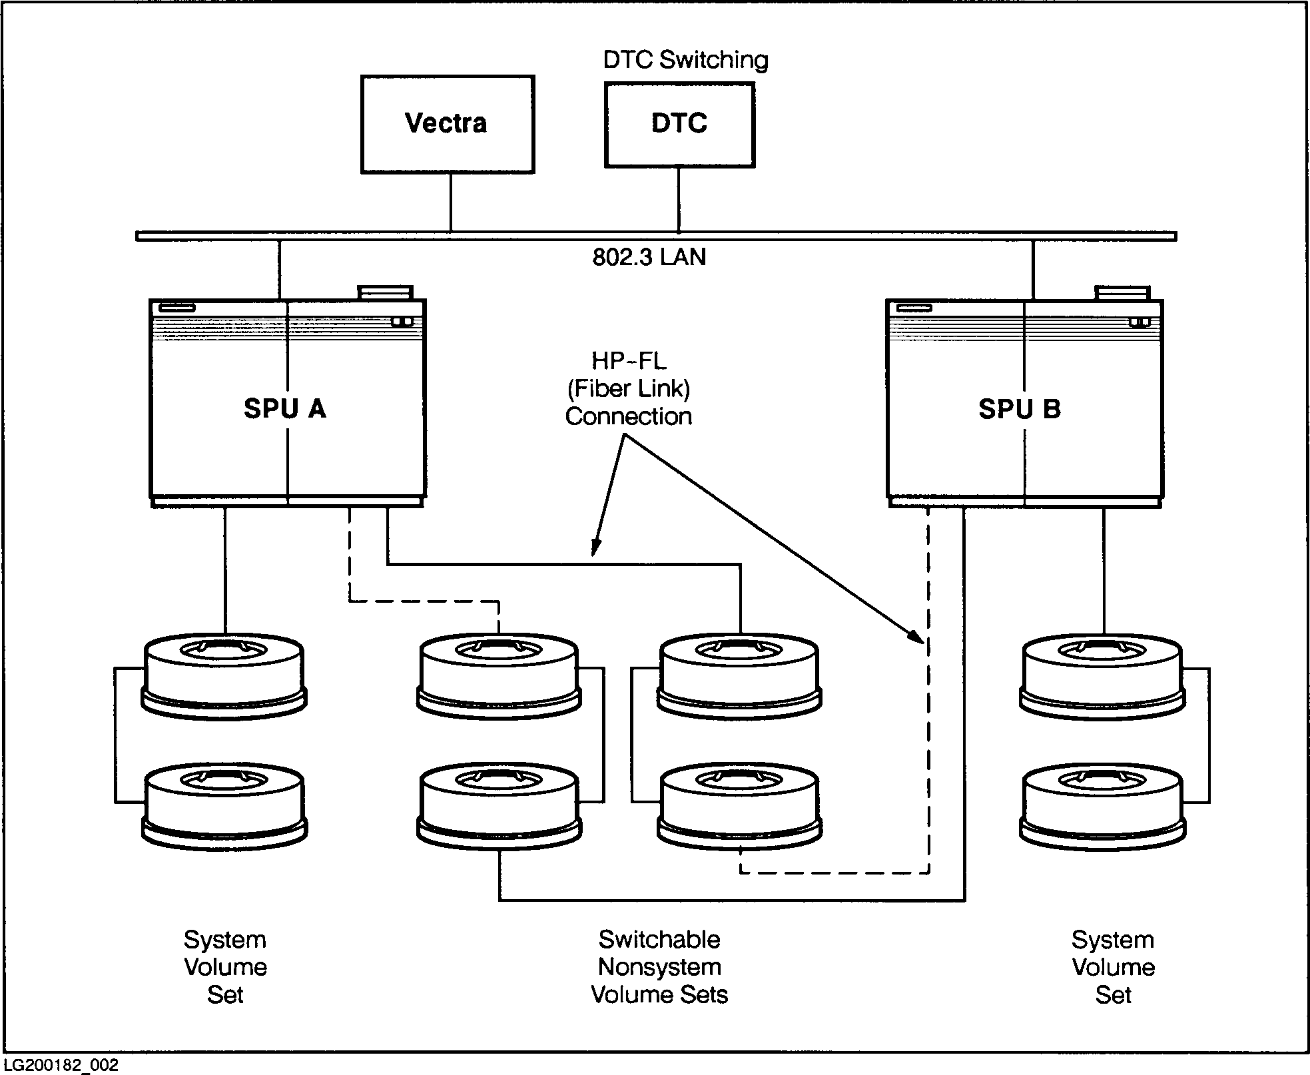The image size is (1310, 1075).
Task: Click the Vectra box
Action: point(447,124)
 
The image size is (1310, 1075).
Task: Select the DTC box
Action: point(679,124)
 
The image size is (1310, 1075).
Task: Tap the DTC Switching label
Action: point(685,60)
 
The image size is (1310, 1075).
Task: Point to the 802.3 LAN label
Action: point(649,257)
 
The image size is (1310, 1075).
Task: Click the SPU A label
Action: point(285,409)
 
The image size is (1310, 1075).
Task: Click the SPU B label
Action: point(1019,409)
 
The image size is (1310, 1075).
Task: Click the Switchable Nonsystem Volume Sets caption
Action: point(659,966)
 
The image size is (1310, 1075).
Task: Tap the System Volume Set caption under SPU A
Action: point(225,966)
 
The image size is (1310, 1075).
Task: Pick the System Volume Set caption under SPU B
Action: point(1113,966)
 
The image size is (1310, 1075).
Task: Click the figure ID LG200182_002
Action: point(61,1066)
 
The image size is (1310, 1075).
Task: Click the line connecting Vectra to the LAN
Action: point(451,202)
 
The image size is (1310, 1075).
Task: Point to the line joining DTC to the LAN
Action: point(679,199)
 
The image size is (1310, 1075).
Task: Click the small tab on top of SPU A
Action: point(386,293)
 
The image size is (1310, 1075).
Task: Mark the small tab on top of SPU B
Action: point(1123,293)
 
